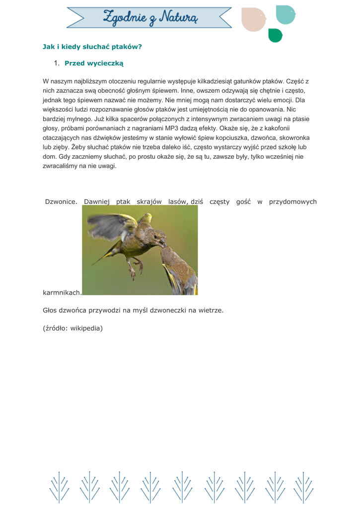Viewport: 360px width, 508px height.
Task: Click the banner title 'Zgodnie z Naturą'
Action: point(150,18)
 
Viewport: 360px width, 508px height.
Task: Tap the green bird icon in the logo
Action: point(275,35)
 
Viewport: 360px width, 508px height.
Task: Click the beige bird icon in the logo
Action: point(253,20)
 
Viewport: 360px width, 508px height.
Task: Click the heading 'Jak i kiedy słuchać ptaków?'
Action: point(92,47)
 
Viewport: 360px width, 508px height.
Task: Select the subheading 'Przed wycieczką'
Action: point(94,63)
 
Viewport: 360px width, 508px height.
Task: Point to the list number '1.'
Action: point(57,63)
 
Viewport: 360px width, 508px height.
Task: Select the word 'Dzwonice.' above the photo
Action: point(61,201)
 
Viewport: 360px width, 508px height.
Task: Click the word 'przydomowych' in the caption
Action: point(293,201)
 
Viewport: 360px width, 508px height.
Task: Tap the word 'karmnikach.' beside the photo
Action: point(62,293)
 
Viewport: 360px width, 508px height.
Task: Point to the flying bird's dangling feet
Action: point(133,270)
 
